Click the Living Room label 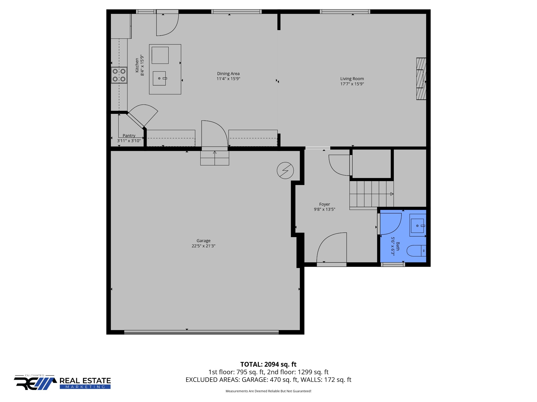point(352,79)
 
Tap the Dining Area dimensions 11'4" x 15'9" point(228,79)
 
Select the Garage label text point(203,241)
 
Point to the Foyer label point(324,204)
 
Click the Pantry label point(129,136)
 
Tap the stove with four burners point(119,75)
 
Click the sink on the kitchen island point(159,78)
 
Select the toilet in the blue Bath point(416,251)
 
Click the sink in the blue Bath point(418,225)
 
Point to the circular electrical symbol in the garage point(285,171)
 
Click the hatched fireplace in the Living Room point(421,79)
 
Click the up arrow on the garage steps point(215,158)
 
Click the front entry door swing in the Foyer point(332,248)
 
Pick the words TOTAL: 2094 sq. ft point(268,364)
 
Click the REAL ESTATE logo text point(85,381)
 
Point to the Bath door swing point(391,224)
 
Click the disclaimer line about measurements point(268,391)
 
